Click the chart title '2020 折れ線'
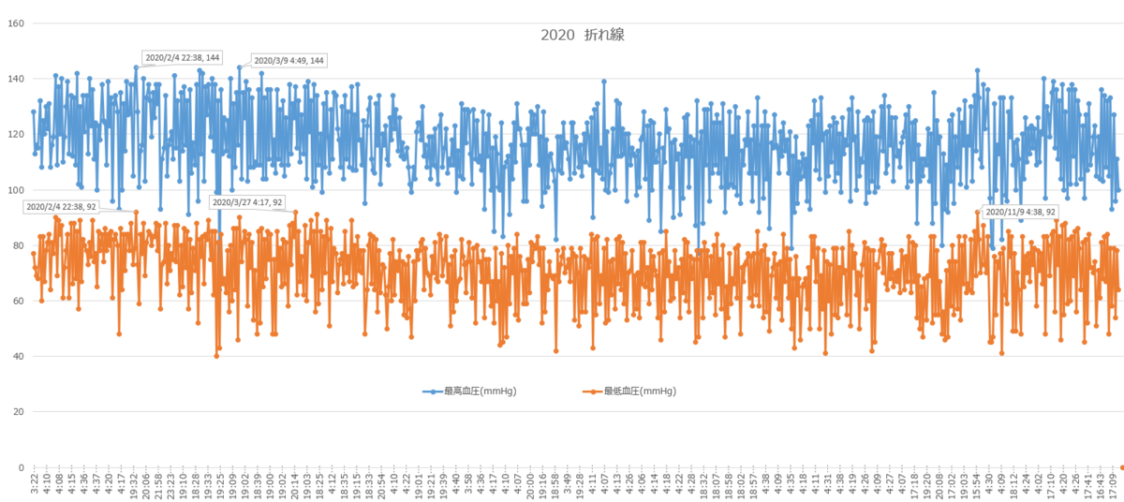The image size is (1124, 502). pos(582,35)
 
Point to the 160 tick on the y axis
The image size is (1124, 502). pos(15,23)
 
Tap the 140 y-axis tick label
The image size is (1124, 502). pos(15,79)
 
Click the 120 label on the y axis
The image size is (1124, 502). pos(15,134)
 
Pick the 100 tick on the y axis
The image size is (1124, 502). pos(15,189)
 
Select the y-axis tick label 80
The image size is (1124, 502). pos(18,245)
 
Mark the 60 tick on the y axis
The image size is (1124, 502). pos(18,301)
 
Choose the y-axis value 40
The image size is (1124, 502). pos(18,356)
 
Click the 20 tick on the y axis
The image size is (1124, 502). pos(18,411)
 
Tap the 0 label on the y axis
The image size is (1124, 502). pos(21,467)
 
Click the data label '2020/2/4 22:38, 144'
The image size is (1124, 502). pos(182,57)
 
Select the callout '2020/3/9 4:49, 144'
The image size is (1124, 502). pos(288,61)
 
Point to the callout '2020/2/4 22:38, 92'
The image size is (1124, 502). pos(61,207)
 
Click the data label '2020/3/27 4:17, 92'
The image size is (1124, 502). pos(247,202)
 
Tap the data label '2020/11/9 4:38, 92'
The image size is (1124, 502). pos(1020,212)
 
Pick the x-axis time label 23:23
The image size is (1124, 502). pos(170,487)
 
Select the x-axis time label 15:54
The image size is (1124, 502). pos(976,487)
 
